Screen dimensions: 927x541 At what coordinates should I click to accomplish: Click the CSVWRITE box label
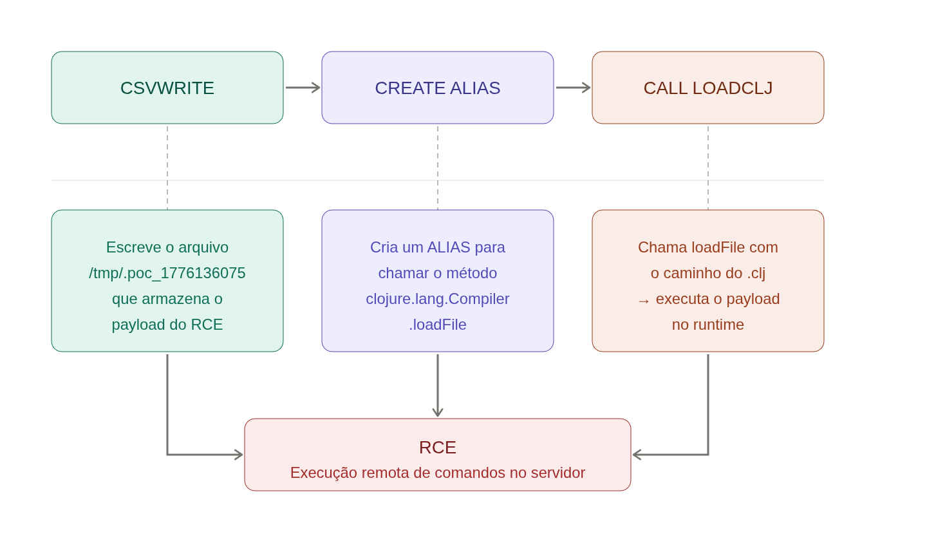[x=167, y=88]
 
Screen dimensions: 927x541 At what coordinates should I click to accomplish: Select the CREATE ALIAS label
[x=438, y=88]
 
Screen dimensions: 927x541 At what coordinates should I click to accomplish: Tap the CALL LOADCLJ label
[x=707, y=88]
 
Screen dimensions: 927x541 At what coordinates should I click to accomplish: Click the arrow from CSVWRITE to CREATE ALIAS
[x=303, y=88]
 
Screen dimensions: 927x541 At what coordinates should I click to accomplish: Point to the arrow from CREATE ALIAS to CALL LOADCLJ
[x=573, y=88]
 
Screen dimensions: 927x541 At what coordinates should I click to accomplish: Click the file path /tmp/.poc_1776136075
[x=167, y=273]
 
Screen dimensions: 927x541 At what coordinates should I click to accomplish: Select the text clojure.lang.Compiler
[x=438, y=299]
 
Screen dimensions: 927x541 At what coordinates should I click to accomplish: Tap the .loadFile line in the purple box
[x=438, y=325]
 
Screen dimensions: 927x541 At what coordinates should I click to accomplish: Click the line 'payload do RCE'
[x=167, y=325]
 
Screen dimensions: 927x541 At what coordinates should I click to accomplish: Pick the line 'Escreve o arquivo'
[x=167, y=247]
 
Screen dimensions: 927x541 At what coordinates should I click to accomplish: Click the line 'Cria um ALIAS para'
[x=438, y=247]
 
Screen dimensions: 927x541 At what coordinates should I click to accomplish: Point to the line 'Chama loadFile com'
[x=707, y=247]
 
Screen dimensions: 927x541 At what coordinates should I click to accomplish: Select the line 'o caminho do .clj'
[x=707, y=273]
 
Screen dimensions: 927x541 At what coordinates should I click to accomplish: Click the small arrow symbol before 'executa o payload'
[x=644, y=301]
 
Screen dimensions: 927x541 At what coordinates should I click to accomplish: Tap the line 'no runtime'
[x=707, y=325]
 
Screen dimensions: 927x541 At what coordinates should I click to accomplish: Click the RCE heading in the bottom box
[x=438, y=448]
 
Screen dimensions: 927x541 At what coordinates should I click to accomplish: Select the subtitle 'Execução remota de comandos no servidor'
[x=438, y=473]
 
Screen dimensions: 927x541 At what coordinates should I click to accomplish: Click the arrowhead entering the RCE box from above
[x=438, y=412]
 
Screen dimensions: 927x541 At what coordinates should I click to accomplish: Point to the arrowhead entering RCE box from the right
[x=637, y=455]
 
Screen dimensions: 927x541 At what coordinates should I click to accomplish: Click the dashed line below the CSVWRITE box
[x=167, y=167]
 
